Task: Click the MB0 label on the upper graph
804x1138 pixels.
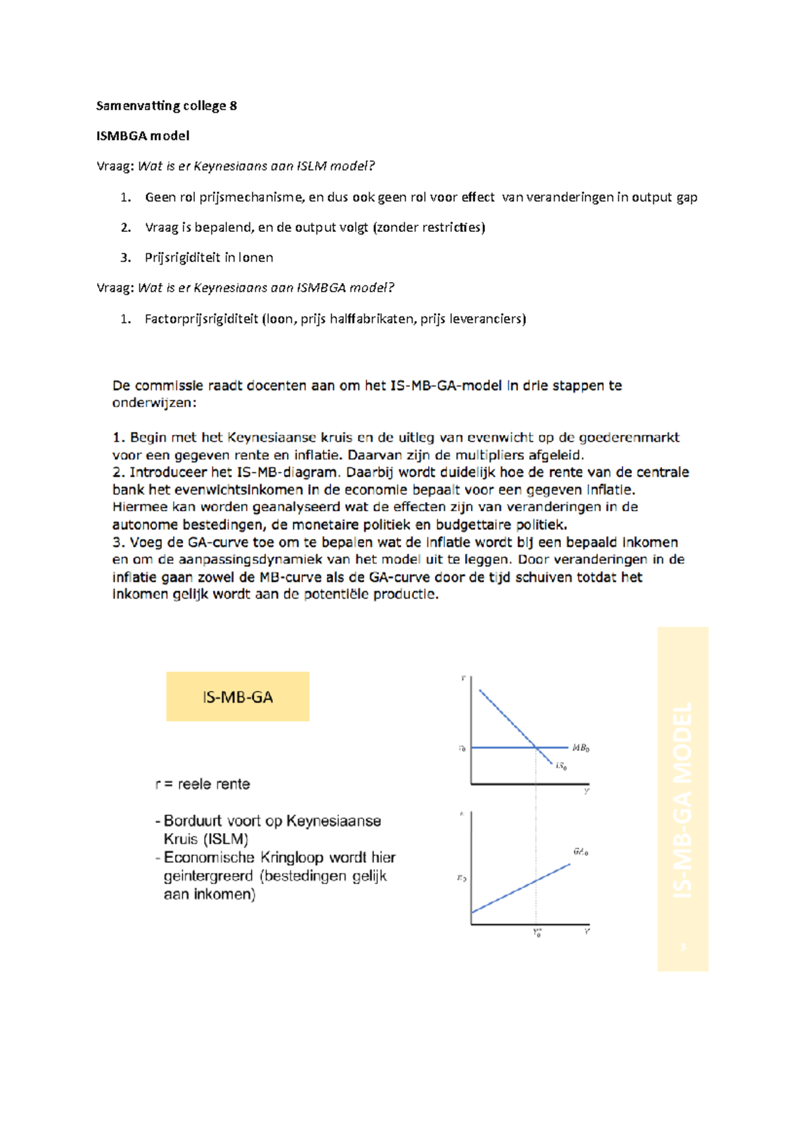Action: point(580,748)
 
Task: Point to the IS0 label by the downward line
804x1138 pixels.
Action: point(561,767)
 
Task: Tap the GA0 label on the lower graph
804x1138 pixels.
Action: point(580,852)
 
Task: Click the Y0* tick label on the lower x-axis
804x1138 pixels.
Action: point(537,933)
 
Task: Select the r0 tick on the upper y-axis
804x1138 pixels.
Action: point(462,749)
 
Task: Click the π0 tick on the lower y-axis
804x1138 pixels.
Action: point(462,878)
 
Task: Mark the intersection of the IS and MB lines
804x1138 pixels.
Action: point(536,747)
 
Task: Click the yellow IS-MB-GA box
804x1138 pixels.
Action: point(238,697)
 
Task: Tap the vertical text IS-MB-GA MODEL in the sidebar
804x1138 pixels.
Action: point(683,800)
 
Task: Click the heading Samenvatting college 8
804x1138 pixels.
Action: point(166,106)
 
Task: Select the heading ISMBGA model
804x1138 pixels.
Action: point(143,136)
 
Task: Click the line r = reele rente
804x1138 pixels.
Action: point(202,784)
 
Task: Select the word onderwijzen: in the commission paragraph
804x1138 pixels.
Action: point(154,403)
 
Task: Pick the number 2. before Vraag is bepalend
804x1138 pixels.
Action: point(125,228)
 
